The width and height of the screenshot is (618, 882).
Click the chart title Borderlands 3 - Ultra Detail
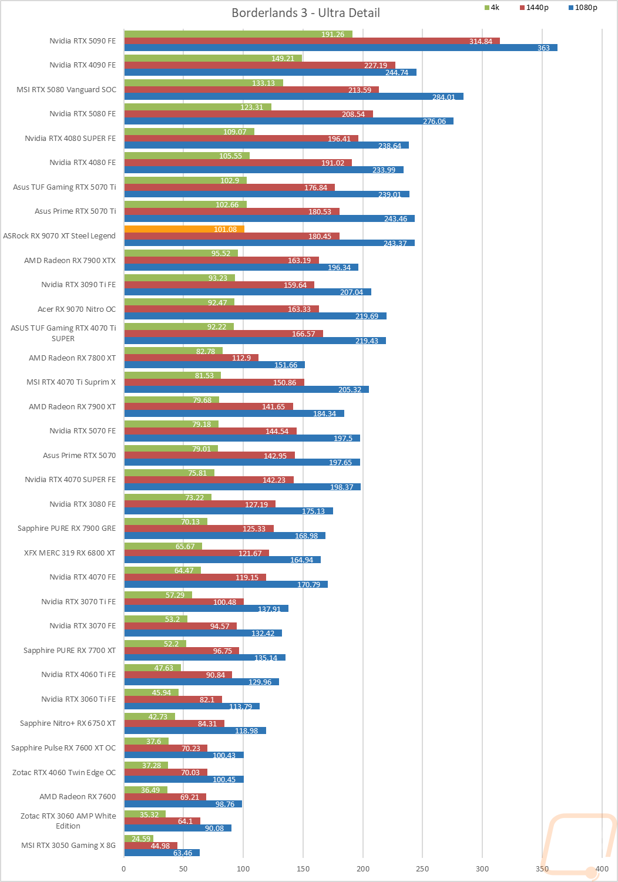tap(305, 13)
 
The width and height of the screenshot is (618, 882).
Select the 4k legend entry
tap(492, 8)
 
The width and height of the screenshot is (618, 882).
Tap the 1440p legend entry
tap(534, 8)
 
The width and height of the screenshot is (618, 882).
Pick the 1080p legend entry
tap(583, 8)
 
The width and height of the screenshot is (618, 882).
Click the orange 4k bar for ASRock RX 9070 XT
tap(184, 229)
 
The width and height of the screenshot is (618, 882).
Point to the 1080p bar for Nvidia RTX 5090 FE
tap(341, 48)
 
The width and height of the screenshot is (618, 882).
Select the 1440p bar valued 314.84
tap(311, 41)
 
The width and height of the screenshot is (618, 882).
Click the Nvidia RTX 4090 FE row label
tap(82, 65)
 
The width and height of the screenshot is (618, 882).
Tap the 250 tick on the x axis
tap(422, 869)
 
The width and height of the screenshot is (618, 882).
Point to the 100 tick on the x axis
tap(243, 869)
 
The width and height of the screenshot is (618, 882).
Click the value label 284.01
tap(444, 97)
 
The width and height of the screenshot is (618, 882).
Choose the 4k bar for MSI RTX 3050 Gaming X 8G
tap(139, 839)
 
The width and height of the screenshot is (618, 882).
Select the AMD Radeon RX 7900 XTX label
tap(70, 261)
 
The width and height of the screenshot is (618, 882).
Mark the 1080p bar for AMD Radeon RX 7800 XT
tap(214, 365)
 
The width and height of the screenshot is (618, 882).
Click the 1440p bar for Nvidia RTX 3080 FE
tap(200, 504)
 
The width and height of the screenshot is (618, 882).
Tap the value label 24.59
tap(141, 839)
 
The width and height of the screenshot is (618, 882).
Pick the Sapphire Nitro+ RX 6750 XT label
tap(68, 723)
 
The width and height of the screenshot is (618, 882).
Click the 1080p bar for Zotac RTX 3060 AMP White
tap(177, 828)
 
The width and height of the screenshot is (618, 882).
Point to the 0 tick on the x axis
tap(124, 869)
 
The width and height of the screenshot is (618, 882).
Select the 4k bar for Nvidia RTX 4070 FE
tap(162, 570)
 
